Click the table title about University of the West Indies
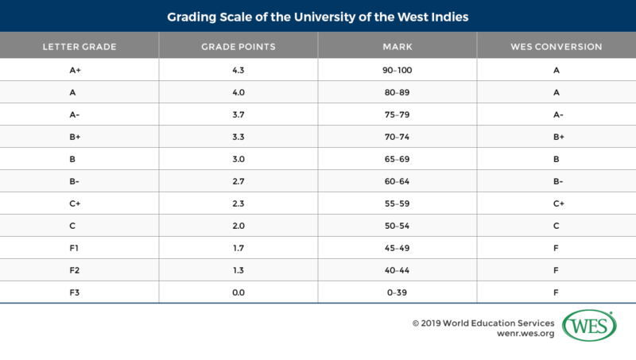(318, 15)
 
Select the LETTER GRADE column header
(79, 47)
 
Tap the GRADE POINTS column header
(238, 47)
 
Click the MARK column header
(397, 47)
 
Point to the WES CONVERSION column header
(556, 47)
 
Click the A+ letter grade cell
(79, 70)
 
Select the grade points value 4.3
(238, 70)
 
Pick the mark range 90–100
(397, 70)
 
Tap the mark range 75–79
(397, 114)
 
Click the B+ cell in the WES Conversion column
(556, 137)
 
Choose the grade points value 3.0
(238, 159)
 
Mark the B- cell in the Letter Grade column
(79, 181)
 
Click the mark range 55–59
(397, 203)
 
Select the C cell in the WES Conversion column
(556, 226)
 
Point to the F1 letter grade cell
(79, 248)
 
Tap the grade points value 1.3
(238, 270)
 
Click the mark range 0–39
(397, 292)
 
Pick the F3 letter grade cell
(79, 292)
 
